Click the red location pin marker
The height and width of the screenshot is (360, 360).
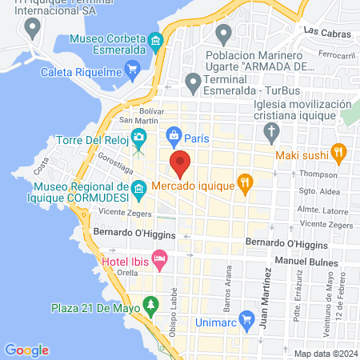coord(180,164)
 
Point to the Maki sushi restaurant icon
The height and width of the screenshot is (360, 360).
coord(338,154)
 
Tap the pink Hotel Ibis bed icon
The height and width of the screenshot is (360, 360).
coord(159,258)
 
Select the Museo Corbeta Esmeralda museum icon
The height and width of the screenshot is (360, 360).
coord(155,39)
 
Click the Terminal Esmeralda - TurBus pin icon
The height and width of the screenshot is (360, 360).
coord(192,81)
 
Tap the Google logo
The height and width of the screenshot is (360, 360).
coord(26,350)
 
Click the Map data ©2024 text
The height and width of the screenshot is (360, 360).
coord(323,354)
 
